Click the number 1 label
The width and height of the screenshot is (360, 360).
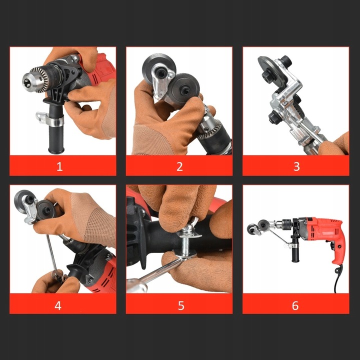coord(59,166)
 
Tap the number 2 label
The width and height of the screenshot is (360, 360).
coord(179,166)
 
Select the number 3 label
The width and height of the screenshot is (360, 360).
coord(296,166)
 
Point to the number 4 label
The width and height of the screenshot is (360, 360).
coord(58,305)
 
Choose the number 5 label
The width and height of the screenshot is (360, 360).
coord(181,305)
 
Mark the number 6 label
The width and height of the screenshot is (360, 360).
coord(295,305)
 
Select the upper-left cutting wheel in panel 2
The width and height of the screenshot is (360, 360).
coord(159,69)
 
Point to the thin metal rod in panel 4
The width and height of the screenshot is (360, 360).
coord(52,252)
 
